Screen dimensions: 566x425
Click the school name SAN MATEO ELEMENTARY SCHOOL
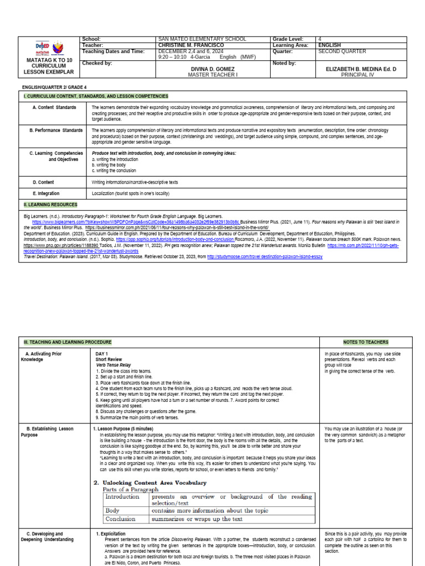pos(201,39)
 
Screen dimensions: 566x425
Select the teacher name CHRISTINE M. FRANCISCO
pos(191,45)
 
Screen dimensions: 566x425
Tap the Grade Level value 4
pos(320,39)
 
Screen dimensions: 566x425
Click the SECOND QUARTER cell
pos(342,51)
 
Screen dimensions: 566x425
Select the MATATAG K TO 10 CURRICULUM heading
pos(50,65)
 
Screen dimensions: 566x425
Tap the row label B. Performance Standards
pos(56,130)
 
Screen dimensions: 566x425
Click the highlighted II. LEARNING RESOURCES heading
pos(50,205)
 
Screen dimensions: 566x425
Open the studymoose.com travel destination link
pos(265,257)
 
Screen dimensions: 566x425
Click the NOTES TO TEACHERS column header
pos(365,342)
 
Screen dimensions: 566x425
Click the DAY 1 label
pos(102,353)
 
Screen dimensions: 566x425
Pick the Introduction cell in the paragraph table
pos(122,496)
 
